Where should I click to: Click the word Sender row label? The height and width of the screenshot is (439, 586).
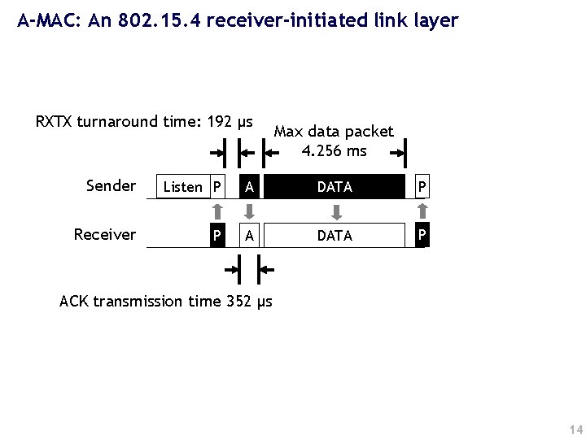(111, 186)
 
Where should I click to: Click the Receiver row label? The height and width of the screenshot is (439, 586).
(105, 235)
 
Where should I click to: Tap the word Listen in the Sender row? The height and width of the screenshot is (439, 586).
(182, 187)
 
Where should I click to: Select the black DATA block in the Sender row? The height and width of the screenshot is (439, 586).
(335, 187)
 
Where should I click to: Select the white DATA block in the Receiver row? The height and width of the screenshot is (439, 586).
(335, 236)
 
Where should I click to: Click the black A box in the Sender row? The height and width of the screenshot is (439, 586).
(250, 187)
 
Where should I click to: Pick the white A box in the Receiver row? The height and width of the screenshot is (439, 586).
(250, 236)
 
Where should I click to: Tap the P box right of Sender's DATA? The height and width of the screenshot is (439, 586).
(421, 187)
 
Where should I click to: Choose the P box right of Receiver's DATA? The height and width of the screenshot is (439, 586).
(421, 235)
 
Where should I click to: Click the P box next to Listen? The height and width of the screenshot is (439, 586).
(216, 187)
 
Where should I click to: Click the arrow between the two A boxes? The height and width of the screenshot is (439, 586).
(250, 211)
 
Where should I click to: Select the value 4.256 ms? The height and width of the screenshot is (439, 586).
(334, 151)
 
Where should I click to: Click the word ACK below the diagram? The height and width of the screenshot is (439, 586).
(75, 302)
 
